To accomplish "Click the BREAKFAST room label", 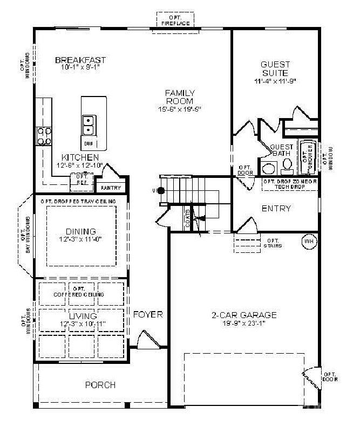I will tap(80, 60).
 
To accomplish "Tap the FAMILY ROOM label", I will tap(180, 97).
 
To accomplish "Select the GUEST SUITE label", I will tap(275, 68).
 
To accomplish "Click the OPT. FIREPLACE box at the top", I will tap(175, 19).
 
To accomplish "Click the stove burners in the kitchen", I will tap(44, 136).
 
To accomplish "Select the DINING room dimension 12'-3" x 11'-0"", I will tap(81, 239).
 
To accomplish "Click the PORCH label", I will tap(100, 385).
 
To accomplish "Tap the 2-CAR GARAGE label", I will tap(243, 315).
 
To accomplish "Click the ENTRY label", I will tap(276, 209).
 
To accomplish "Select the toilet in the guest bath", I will tap(287, 165).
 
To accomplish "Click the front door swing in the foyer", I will tap(147, 341).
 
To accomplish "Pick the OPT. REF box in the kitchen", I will tap(82, 179).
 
